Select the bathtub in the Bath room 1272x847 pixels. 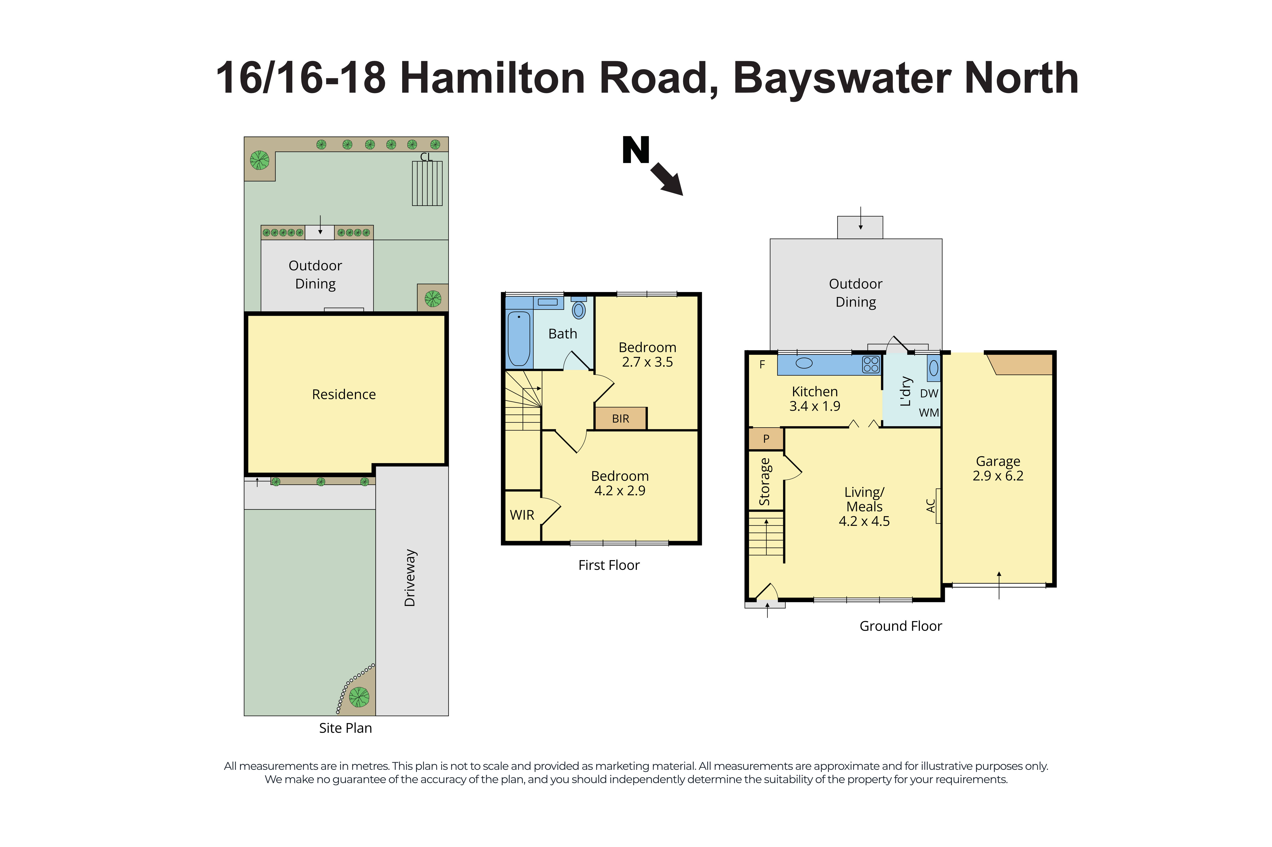(518, 338)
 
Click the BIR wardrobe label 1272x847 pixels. (620, 419)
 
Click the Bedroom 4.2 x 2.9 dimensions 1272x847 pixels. (620, 491)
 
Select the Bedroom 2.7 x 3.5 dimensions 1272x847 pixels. (647, 362)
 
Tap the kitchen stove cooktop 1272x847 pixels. (870, 364)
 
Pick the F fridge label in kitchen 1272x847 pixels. (762, 365)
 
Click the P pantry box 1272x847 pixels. (766, 439)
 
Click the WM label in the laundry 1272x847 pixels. (929, 413)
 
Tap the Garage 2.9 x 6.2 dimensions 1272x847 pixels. (998, 476)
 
